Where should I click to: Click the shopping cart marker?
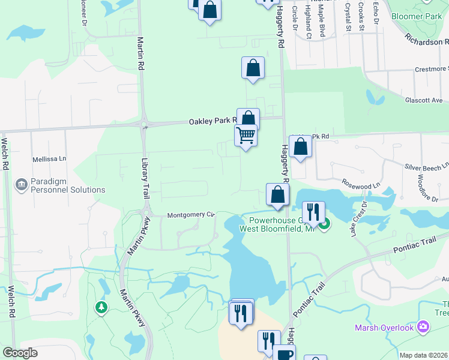coord(246,136)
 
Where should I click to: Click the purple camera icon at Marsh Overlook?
coord(424,326)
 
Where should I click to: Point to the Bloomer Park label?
coord(420,16)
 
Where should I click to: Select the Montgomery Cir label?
coord(190,215)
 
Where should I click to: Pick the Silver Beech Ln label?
coord(427,166)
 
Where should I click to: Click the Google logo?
coord(20,353)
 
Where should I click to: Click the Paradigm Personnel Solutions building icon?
coord(21,184)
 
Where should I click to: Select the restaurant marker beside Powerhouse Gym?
coord(313,212)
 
